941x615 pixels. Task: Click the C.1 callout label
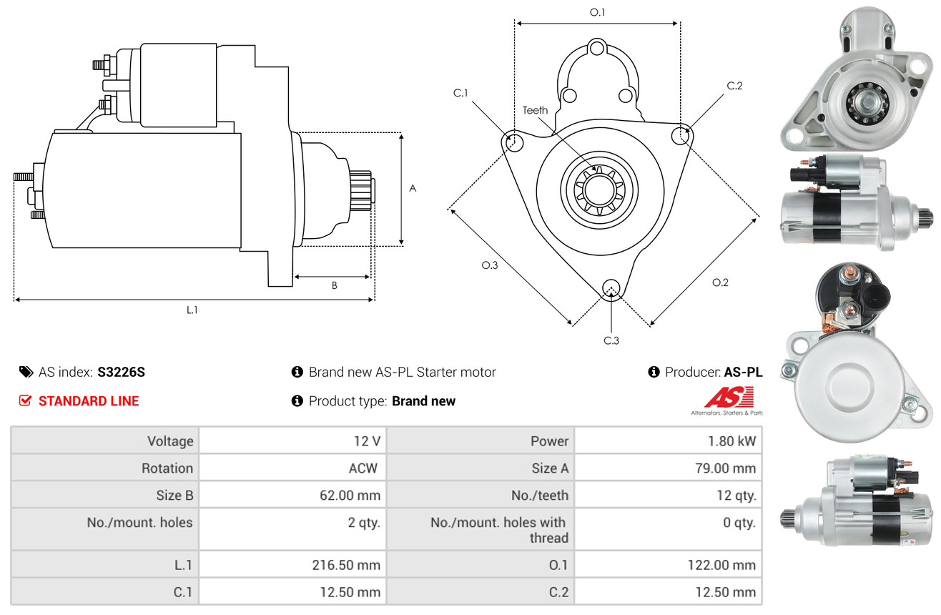(460, 93)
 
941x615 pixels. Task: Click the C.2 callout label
(734, 86)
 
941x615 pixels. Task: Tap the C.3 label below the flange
(611, 340)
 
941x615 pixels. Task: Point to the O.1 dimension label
(597, 12)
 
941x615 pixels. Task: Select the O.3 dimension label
(489, 265)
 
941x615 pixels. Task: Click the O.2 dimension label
(720, 282)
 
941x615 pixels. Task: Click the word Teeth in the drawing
(535, 110)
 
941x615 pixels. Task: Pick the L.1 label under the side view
(192, 310)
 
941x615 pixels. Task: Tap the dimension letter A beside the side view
(413, 189)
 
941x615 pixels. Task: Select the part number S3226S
(122, 372)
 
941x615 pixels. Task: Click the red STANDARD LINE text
(89, 401)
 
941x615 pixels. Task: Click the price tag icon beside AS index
(26, 372)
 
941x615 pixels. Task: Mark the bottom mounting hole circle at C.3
(611, 288)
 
